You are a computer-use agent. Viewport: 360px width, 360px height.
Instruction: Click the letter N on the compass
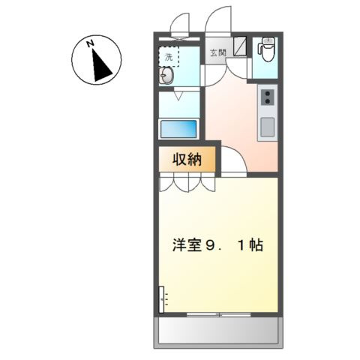click(x=90, y=43)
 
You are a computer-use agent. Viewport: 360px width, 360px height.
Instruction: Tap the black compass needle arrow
click(x=101, y=67)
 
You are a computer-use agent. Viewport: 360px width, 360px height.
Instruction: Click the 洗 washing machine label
click(x=169, y=57)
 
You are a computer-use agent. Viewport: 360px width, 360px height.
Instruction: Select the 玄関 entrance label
click(x=218, y=52)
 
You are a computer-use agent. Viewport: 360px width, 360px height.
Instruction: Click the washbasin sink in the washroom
click(x=166, y=75)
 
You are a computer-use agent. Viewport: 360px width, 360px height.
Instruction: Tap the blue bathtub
click(x=178, y=129)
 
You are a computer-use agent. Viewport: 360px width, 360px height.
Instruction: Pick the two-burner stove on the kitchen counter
click(x=268, y=97)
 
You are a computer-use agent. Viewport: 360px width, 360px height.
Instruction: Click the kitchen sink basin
click(x=268, y=127)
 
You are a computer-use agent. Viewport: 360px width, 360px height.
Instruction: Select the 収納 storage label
click(x=187, y=159)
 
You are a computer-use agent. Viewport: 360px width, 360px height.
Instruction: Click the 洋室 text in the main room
click(x=187, y=245)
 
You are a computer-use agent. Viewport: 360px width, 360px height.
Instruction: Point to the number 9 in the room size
click(x=209, y=245)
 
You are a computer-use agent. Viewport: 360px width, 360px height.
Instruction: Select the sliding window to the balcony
click(x=219, y=314)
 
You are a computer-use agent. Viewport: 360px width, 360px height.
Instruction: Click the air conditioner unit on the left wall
click(x=161, y=299)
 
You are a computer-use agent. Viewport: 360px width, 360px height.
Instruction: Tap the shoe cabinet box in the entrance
click(x=240, y=46)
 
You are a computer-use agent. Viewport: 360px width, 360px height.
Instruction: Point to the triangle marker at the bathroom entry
click(x=178, y=96)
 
